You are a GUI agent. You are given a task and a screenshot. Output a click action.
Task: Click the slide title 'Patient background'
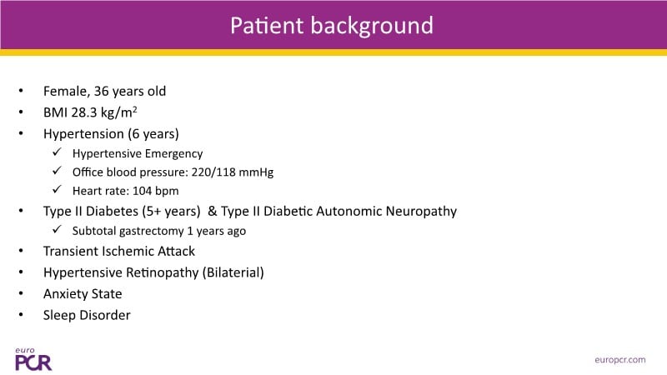[332, 26]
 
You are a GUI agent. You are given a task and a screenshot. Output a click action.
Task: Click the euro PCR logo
[33, 359]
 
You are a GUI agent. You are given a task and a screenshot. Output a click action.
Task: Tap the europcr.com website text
[619, 360]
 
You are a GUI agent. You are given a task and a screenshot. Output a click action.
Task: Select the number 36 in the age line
[101, 91]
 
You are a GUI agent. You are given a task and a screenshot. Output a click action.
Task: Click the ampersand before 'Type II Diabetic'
[212, 212]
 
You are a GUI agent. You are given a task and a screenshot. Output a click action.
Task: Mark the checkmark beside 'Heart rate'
[57, 189]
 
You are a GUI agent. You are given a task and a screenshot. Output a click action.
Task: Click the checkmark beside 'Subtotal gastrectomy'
[57, 230]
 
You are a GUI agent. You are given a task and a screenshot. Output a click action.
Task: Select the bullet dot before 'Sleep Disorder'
[21, 315]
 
